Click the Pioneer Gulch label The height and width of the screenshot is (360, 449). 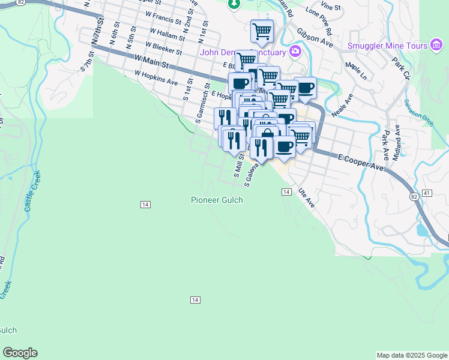click(x=217, y=200)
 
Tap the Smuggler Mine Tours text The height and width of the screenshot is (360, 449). click(x=387, y=46)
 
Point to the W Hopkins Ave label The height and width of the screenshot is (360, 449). click(x=156, y=77)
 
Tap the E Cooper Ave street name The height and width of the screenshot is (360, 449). click(x=360, y=161)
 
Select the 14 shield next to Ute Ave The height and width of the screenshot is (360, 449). click(x=286, y=191)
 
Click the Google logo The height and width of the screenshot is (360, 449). click(x=20, y=352)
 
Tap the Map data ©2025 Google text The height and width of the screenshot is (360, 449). click(x=412, y=355)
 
